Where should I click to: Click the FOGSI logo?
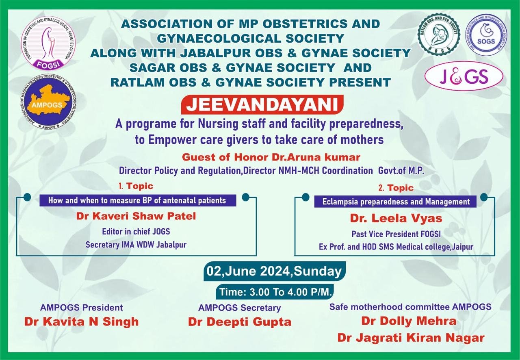pyautogui.click(x=48, y=46)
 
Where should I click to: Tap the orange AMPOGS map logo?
pyautogui.click(x=48, y=103)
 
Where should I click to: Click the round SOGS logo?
pyautogui.click(x=486, y=35)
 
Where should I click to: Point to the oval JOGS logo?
pyautogui.click(x=464, y=76)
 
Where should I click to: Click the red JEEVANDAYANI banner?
pyautogui.click(x=262, y=104)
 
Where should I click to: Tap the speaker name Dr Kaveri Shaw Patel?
pyautogui.click(x=136, y=216)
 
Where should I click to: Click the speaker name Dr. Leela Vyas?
pyautogui.click(x=396, y=218)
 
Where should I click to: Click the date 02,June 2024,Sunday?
pyautogui.click(x=274, y=271)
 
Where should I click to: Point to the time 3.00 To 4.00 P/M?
pyautogui.click(x=275, y=292)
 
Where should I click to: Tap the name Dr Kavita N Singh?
pyautogui.click(x=82, y=322)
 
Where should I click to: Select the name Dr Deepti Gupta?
pyautogui.click(x=240, y=322)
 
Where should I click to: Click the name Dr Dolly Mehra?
pyautogui.click(x=409, y=321)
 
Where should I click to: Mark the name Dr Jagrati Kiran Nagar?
pyautogui.click(x=411, y=338)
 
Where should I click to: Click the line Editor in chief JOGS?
pyautogui.click(x=136, y=232)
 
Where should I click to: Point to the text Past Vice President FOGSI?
pyautogui.click(x=396, y=234)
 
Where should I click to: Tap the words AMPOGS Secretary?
pyautogui.click(x=240, y=308)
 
